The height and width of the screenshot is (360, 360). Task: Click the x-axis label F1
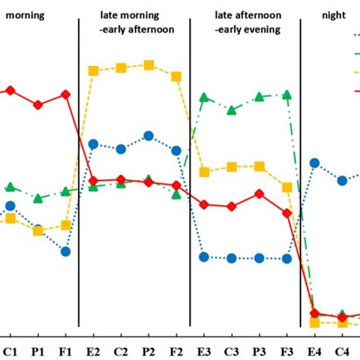pos(65,351)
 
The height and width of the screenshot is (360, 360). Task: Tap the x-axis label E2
pos(93,351)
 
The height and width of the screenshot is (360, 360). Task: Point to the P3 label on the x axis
pos(259,351)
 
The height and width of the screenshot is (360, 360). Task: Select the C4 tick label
pos(343,351)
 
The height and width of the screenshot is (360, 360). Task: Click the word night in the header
pos(332,14)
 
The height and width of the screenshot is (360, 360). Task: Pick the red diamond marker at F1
pos(65,94)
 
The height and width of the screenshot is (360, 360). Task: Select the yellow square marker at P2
pos(149,65)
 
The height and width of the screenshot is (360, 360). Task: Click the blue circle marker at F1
pos(65,251)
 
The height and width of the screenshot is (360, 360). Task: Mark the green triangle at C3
pos(232,111)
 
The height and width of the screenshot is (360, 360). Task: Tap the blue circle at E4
pos(315,163)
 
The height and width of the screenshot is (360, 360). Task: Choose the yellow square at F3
pos(287,187)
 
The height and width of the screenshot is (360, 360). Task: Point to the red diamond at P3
pos(259,194)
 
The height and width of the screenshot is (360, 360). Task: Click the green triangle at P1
pos(38,198)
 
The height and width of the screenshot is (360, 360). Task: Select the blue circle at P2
pos(149,136)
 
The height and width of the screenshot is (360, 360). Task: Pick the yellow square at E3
pos(204,172)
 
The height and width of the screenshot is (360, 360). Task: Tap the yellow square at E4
pos(315,323)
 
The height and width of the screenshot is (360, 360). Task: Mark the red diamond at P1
pos(38,105)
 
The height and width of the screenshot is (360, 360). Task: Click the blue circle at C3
pos(232,258)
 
